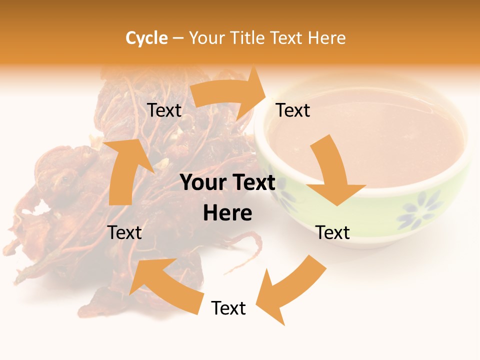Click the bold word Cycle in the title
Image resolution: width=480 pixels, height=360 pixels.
[146, 38]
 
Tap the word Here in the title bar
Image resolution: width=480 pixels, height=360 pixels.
[326, 38]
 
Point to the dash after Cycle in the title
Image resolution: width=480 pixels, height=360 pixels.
[178, 38]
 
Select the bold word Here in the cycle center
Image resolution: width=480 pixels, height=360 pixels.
[227, 213]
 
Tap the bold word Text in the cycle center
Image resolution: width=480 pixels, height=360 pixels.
[252, 183]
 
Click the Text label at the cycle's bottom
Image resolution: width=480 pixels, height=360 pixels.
[228, 308]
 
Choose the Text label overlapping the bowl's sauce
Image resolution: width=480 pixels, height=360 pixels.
[293, 110]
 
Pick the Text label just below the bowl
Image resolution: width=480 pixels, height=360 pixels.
[333, 232]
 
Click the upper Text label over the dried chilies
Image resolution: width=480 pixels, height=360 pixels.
[164, 110]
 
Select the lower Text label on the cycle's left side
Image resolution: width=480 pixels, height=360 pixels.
[125, 232]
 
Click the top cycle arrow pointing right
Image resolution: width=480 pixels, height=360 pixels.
[230, 95]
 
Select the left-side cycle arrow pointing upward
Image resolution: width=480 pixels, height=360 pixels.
[125, 170]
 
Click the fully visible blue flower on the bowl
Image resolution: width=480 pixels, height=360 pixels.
[420, 210]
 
